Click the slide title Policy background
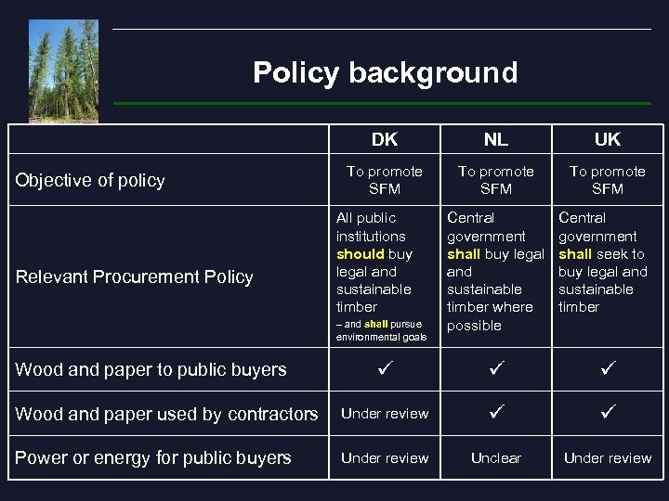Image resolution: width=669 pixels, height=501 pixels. click(x=385, y=72)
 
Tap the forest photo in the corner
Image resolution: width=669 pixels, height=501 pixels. click(x=63, y=70)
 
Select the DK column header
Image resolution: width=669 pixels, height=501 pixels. click(x=385, y=140)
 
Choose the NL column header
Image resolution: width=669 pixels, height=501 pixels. click(x=496, y=140)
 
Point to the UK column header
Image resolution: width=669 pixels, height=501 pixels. click(x=608, y=140)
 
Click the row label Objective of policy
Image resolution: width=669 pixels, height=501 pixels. click(x=90, y=180)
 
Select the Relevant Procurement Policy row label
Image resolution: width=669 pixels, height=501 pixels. click(x=134, y=276)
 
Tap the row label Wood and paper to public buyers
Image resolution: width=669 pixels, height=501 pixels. click(x=151, y=369)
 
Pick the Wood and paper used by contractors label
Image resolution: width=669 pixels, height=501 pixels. click(x=166, y=414)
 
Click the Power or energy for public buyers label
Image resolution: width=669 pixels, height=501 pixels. click(x=153, y=457)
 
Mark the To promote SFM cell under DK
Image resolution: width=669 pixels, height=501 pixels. click(x=385, y=180)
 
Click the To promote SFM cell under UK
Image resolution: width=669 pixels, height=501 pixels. click(x=608, y=180)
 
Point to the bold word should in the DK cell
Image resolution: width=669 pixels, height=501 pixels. click(x=361, y=254)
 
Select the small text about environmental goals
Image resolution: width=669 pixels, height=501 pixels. click(x=381, y=331)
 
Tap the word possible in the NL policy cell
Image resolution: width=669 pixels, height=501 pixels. click(x=474, y=326)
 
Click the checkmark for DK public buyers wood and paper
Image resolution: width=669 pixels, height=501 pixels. click(x=385, y=369)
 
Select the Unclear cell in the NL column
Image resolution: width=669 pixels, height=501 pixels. click(x=496, y=458)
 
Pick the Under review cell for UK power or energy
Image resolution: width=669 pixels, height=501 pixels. click(x=608, y=458)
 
